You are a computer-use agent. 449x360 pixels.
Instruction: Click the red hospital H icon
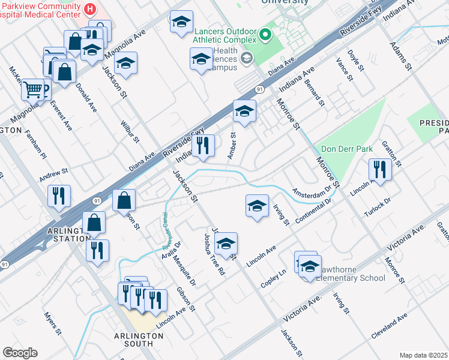coord(90,9)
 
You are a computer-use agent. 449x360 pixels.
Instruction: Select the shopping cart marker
coord(34,90)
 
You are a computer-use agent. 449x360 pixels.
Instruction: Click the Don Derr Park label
coord(347,149)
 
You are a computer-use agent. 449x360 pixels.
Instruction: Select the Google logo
coord(20,353)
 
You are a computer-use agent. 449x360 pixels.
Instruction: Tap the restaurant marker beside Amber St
coord(203,145)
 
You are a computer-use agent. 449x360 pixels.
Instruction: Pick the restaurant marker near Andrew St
coord(59,196)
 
